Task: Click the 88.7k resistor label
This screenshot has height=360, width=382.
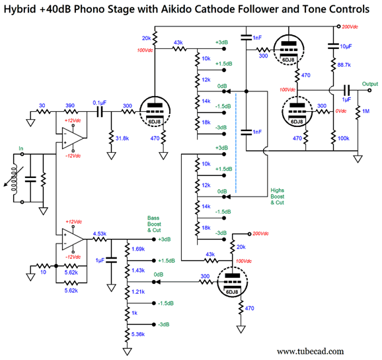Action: click(344, 65)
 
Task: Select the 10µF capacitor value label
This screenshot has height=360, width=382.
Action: click(346, 46)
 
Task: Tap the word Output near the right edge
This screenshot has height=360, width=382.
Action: click(370, 84)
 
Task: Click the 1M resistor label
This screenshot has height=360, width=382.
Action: click(366, 111)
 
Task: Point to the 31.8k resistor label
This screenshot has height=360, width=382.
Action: click(122, 138)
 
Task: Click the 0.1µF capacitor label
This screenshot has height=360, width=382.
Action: click(99, 103)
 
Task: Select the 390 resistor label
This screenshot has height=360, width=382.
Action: click(70, 106)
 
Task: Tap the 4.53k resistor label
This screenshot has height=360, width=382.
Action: click(99, 234)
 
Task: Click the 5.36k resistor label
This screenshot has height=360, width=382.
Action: click(138, 334)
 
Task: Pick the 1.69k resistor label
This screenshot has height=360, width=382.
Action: click(138, 249)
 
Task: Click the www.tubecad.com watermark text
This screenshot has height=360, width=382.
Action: click(310, 351)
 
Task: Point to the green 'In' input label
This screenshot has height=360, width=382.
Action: click(21, 148)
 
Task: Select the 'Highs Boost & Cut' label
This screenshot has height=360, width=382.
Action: click(277, 197)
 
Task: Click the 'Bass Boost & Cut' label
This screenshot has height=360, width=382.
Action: click(154, 224)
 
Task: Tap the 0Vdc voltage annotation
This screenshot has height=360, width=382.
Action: click(341, 111)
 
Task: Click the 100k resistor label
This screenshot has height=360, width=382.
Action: click(343, 138)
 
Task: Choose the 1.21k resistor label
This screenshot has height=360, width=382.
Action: click(138, 292)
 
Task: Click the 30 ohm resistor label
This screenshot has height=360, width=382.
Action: click(42, 106)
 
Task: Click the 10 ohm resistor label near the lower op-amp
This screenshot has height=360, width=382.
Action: click(43, 272)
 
